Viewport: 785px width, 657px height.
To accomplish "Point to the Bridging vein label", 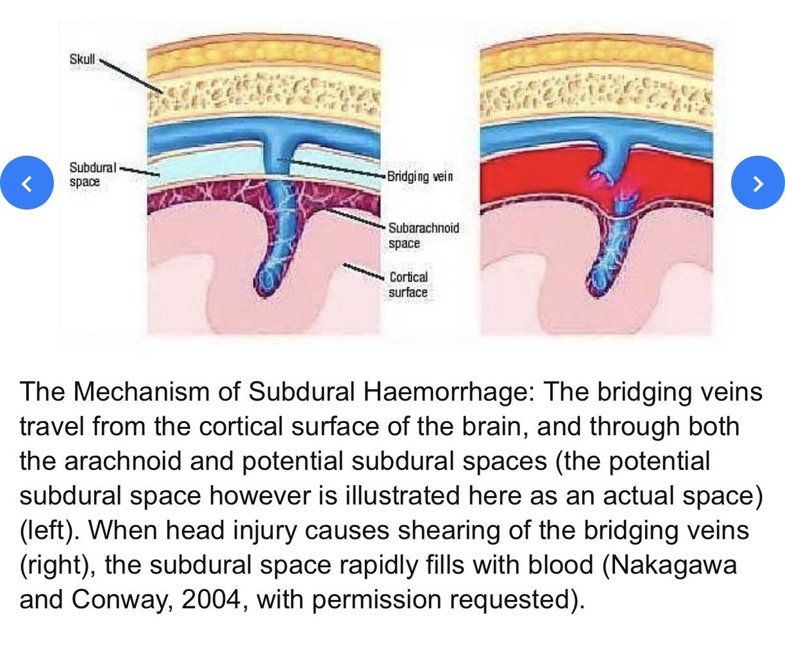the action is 415,177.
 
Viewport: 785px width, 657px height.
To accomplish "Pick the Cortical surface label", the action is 408,284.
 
